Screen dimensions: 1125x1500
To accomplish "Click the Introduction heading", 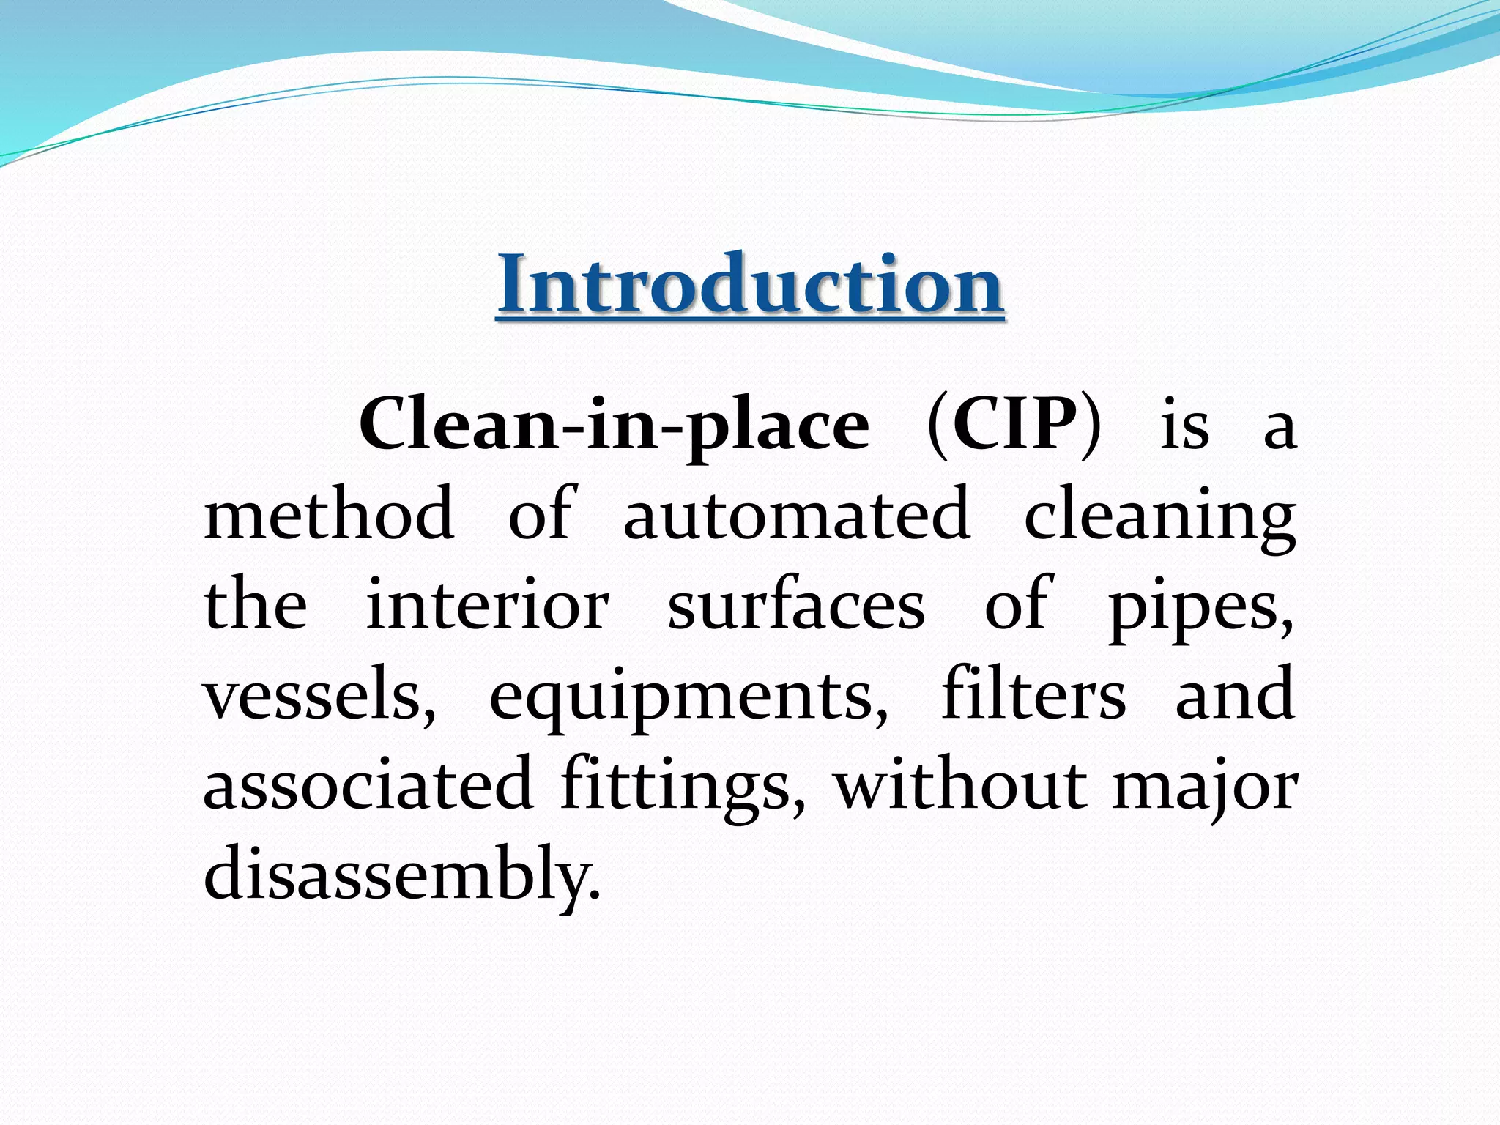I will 750,284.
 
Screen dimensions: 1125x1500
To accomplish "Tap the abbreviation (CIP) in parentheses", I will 1014,425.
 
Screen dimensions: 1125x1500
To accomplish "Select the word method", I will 329,514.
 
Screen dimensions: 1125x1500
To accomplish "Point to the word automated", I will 797,514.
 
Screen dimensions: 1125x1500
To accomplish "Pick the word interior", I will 487,605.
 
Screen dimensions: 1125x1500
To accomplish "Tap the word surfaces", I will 796,605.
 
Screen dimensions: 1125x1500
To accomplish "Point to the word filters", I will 1033,694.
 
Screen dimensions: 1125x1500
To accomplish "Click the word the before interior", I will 255,605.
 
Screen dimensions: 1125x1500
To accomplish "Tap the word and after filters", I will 1235,694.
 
